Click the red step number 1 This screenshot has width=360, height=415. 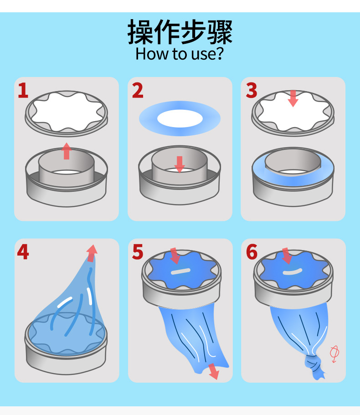pos(23,91)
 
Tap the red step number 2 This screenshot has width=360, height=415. pos(138,91)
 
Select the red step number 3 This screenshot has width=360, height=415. pos(252,91)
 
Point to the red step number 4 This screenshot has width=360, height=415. pos(23,252)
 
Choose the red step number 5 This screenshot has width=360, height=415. pos(138,252)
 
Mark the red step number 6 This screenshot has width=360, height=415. pos(252,252)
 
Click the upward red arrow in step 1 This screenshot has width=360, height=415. pos(67,151)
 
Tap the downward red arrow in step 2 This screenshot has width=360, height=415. pos(180,164)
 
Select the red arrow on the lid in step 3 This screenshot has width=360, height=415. pos(293,98)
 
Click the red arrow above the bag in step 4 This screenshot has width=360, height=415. pos(92,253)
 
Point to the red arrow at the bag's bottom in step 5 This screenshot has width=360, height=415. pos(214,371)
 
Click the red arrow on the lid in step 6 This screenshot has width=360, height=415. pos(287,256)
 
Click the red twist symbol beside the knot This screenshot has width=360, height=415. pos(334,354)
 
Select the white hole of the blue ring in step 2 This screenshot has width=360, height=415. pos(180,118)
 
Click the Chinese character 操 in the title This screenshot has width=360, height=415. pos(140,32)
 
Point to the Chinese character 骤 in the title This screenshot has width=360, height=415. pos(220,32)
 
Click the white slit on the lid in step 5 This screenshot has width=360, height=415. pos(180,272)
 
